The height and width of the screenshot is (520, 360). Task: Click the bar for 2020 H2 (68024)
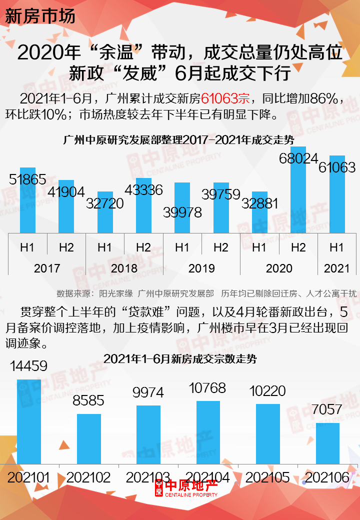click(x=298, y=190)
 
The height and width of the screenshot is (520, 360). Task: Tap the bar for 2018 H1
click(x=105, y=212)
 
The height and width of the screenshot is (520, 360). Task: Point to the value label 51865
click(x=27, y=179)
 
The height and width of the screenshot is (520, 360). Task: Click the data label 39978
click(x=182, y=212)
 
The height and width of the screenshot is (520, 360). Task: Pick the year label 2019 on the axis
click(x=201, y=268)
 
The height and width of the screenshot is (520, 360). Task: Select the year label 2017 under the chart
click(x=47, y=268)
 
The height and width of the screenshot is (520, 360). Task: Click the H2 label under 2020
click(x=298, y=247)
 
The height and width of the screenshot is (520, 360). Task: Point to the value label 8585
click(x=88, y=400)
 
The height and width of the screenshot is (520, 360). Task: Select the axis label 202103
click(x=148, y=477)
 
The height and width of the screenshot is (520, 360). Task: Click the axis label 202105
click(x=267, y=477)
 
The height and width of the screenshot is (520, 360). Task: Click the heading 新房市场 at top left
click(x=40, y=16)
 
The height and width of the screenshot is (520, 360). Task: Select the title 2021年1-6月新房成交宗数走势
click(x=180, y=358)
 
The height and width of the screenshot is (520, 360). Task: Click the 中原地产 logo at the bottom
click(x=186, y=488)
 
